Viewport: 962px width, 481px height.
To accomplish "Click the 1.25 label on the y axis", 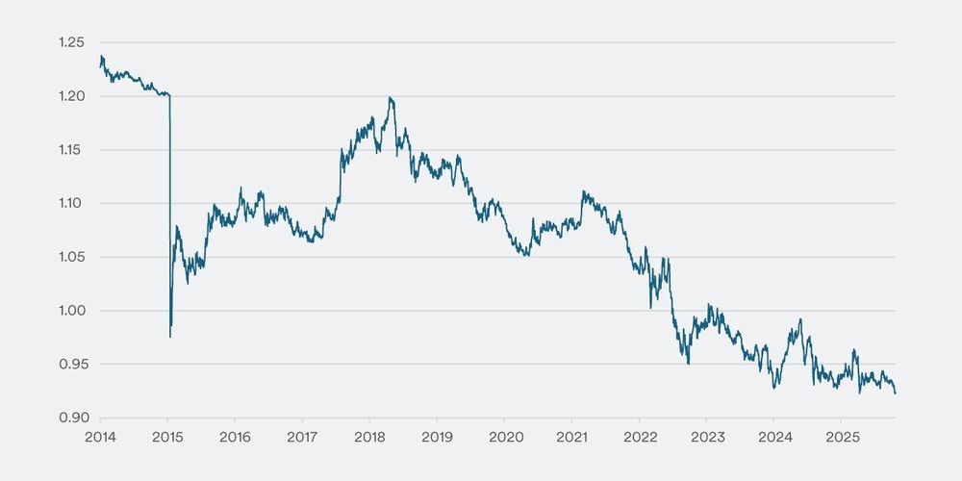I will [72, 42].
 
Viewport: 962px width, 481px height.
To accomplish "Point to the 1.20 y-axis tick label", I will [72, 96].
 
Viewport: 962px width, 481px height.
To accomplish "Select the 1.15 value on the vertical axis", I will [72, 150].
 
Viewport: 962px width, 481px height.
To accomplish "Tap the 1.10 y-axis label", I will [72, 203].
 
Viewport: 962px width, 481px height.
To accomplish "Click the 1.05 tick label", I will [72, 257].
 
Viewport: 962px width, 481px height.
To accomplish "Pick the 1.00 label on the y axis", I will [72, 311].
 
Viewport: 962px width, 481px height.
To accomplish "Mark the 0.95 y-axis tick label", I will [72, 364].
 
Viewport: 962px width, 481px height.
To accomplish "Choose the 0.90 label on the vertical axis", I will [72, 418].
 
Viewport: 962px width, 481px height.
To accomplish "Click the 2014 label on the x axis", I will [100, 436].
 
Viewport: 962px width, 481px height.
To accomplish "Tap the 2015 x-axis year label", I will [167, 436].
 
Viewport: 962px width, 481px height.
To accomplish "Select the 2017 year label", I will [302, 436].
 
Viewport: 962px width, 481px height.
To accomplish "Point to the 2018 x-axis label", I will [369, 436].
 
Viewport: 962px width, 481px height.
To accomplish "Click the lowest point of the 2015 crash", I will [170, 337].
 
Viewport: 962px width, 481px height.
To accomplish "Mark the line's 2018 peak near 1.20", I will [390, 97].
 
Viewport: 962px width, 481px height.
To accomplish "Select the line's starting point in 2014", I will [100, 61].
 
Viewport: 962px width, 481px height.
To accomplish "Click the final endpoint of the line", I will [896, 392].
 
